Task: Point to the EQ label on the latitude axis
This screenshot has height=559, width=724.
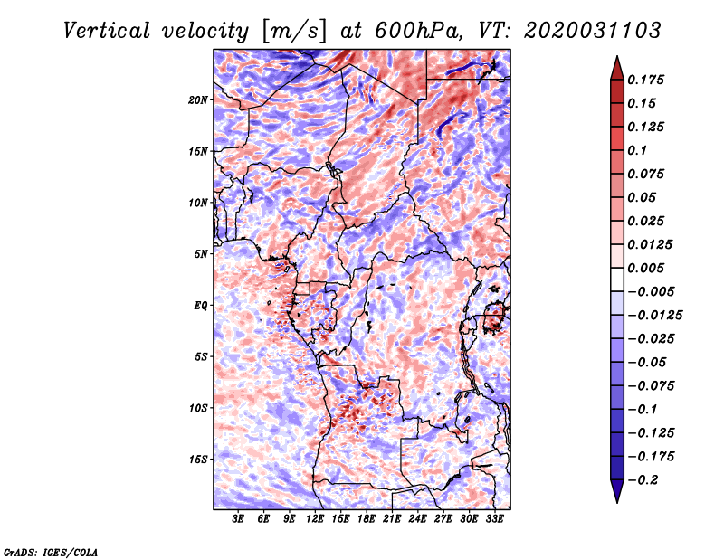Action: click(201, 305)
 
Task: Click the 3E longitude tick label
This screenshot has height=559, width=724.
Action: click(239, 519)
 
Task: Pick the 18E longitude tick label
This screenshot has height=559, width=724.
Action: click(367, 519)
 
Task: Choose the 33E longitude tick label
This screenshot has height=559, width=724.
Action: click(494, 519)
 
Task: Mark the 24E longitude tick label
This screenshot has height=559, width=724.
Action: click(418, 519)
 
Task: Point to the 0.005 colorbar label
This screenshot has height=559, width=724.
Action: click(648, 268)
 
